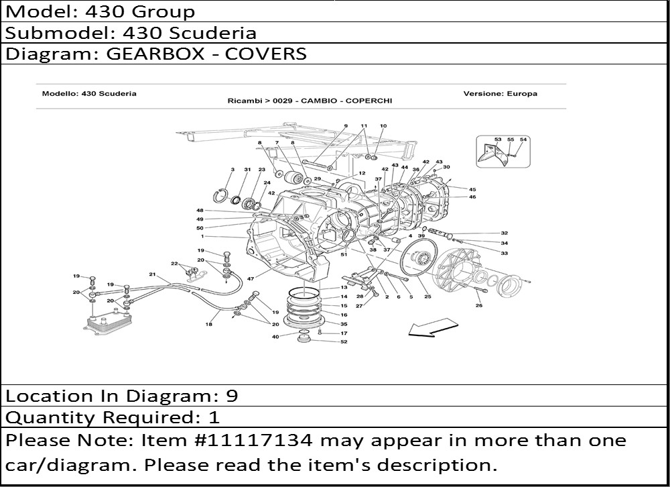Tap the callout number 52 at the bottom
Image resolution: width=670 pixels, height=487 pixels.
coord(344,341)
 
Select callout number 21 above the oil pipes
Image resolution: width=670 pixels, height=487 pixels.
coord(153,274)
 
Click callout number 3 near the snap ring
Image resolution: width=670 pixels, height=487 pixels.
coord(232,170)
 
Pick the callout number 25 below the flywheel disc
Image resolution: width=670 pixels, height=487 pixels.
coord(427,296)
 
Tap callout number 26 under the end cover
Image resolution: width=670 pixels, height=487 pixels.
coord(479,305)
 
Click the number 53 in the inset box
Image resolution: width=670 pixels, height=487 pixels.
coord(498,139)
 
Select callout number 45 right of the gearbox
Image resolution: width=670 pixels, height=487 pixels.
coord(472,189)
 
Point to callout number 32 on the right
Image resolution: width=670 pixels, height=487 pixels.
coord(505,233)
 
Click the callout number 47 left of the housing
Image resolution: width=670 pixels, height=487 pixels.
coord(251,278)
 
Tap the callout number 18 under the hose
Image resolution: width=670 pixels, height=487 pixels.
coord(208,324)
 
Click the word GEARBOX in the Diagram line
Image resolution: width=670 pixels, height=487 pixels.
coord(155,54)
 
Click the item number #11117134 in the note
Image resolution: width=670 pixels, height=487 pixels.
coord(253,440)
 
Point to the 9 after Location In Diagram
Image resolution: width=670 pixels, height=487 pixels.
coord(232,396)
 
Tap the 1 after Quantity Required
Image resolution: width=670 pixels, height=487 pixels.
coord(214,417)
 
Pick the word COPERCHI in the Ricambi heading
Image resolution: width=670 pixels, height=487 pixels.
coord(368,101)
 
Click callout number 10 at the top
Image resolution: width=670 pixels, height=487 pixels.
coord(383,126)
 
